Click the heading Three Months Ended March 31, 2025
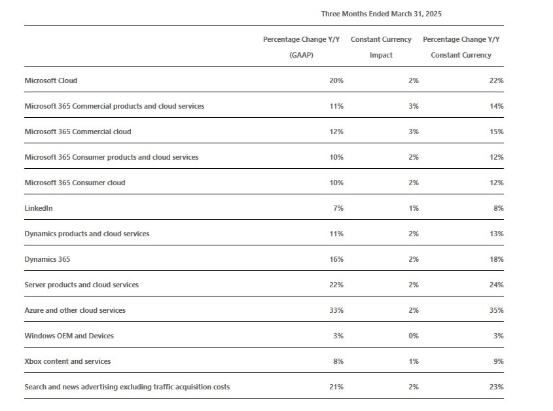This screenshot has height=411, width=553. (382, 14)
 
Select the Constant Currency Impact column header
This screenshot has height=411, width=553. (381, 47)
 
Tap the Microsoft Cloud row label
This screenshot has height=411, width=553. (51, 80)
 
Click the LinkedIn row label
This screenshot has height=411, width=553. (39, 208)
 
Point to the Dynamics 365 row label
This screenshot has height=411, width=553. (47, 259)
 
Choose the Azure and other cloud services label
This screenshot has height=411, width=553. (75, 310)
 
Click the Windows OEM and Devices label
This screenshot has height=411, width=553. (69, 336)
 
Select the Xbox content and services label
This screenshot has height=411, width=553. (67, 361)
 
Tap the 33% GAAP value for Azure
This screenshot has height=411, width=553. (336, 310)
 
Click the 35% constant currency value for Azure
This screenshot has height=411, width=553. (497, 310)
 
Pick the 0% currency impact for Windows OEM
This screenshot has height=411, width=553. (414, 336)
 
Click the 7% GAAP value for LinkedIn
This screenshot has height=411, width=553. (338, 208)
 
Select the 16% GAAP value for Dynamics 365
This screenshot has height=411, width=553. (336, 259)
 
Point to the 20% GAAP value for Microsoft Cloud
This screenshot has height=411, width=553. (336, 80)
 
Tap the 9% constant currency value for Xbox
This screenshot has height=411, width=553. (499, 361)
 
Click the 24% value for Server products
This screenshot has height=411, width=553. (497, 285)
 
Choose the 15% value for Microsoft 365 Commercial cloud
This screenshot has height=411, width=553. (497, 132)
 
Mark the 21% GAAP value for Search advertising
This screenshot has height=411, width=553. (336, 387)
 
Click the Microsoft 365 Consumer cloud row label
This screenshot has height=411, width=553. (75, 183)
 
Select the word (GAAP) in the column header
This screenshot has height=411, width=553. (301, 55)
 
